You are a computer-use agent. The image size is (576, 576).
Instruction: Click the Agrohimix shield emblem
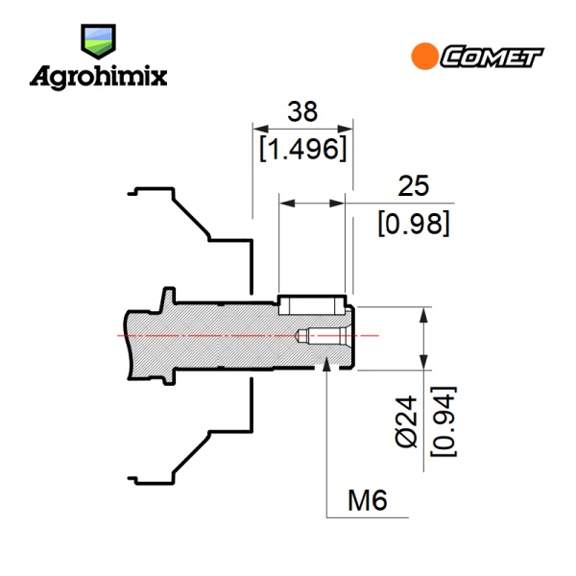(99, 41)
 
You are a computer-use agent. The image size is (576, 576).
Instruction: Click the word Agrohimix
(99, 78)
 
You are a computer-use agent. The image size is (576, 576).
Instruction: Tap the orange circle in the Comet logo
(424, 57)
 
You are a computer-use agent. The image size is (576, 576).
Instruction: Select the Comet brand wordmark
(492, 57)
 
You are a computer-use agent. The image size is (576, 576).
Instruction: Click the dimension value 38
(302, 111)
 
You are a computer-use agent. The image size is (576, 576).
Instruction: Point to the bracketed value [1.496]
(303, 149)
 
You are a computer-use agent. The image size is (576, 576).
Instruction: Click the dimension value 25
(413, 186)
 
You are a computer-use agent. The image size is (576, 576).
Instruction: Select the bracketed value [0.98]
(414, 223)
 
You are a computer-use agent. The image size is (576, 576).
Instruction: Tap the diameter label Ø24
(407, 421)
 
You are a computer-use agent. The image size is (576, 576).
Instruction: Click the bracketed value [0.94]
(444, 421)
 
